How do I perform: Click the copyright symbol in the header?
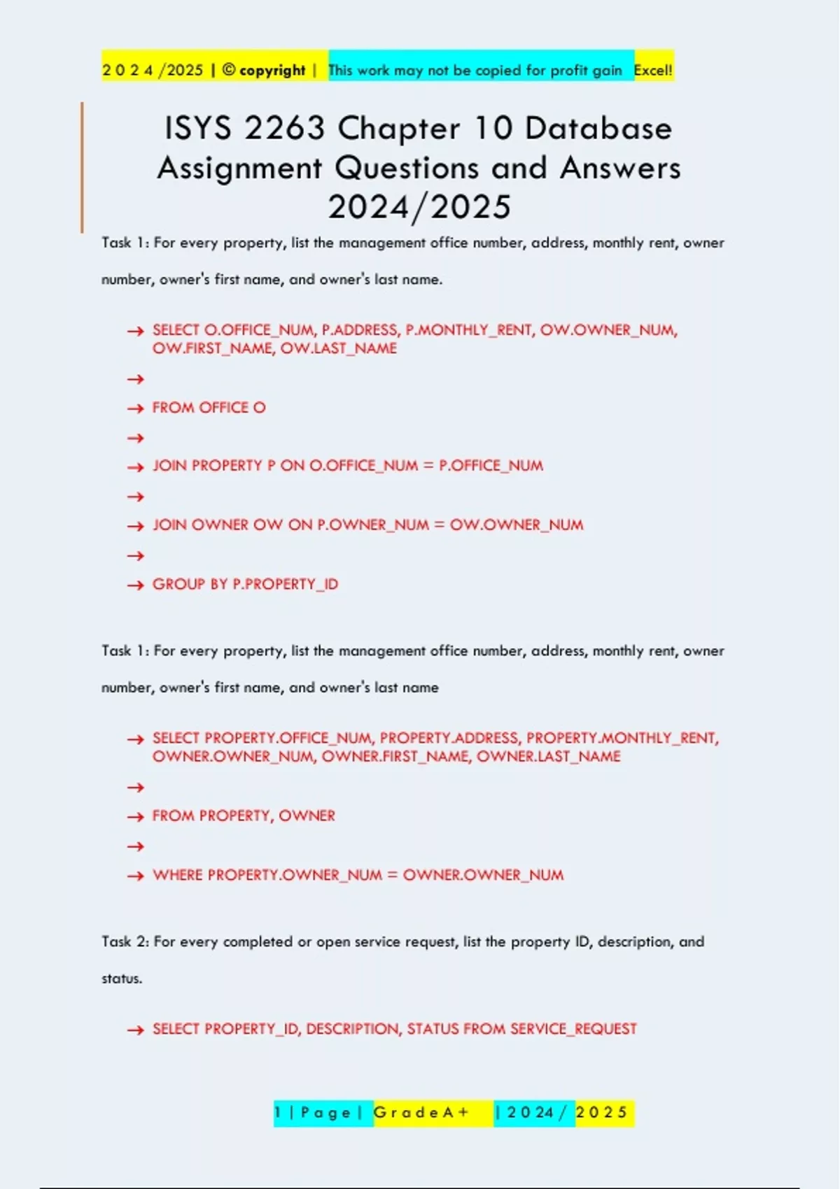click(x=229, y=70)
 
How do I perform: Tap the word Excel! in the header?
click(x=652, y=70)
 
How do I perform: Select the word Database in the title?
click(x=598, y=129)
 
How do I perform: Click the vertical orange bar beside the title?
click(x=82, y=167)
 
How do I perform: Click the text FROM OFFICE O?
click(x=209, y=408)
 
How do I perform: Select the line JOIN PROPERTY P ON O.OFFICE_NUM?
click(x=348, y=466)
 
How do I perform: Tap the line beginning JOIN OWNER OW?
click(x=367, y=525)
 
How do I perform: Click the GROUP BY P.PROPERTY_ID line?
click(x=245, y=584)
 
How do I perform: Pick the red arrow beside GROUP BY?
click(x=135, y=585)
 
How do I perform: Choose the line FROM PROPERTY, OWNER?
click(x=244, y=816)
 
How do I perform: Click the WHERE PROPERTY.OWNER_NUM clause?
click(x=358, y=875)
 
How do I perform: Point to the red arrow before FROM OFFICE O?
click(x=135, y=408)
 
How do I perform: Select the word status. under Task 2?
click(x=122, y=978)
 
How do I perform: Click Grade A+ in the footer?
click(x=421, y=1112)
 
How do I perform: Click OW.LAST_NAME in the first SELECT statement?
click(x=339, y=348)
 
